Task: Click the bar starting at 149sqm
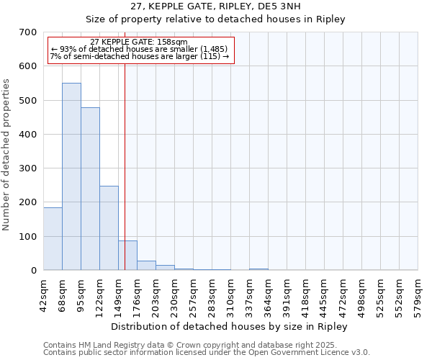point(128,256)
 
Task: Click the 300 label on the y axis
point(28,168)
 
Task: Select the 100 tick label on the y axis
point(28,237)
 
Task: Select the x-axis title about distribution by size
point(230,326)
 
